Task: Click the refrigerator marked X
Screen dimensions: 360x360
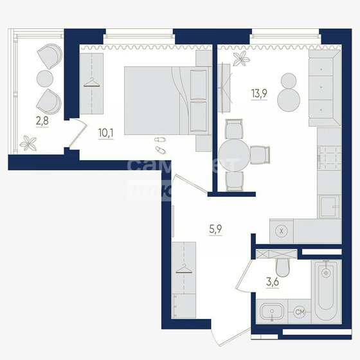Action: [281, 230]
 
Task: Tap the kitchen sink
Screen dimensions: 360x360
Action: [330, 207]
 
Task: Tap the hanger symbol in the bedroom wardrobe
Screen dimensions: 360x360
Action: [93, 81]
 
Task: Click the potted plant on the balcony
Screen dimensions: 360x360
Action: [28, 143]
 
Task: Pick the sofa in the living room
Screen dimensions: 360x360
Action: [323, 89]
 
